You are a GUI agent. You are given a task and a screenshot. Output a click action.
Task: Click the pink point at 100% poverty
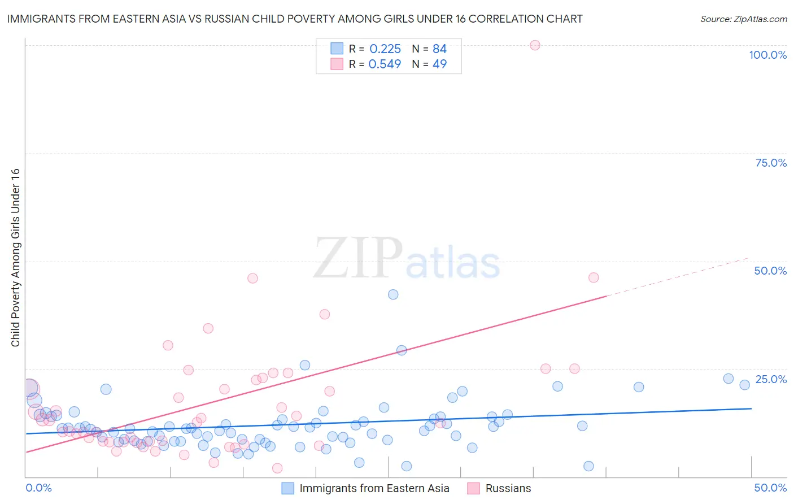(535, 45)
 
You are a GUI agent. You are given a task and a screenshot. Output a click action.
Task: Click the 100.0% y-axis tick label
(767, 55)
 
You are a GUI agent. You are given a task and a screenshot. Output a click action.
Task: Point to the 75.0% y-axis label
(771, 163)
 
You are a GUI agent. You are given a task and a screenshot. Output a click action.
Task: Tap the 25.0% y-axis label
(771, 379)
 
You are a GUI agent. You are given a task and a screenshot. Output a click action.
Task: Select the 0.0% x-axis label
(38, 488)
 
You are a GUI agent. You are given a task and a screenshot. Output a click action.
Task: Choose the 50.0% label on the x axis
(770, 488)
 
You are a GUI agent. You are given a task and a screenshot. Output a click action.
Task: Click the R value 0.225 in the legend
(385, 49)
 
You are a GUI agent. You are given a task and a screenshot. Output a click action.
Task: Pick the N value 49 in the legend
(439, 64)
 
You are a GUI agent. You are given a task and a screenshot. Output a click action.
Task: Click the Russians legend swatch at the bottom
(473, 488)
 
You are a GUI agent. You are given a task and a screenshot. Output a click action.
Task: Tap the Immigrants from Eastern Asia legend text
(374, 488)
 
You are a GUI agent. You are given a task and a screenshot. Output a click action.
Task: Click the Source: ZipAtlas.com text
(743, 19)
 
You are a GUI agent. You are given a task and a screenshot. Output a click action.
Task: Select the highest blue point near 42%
(393, 294)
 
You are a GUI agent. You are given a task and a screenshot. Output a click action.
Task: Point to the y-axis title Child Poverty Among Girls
(15, 258)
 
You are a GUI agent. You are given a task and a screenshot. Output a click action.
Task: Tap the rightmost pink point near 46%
(593, 277)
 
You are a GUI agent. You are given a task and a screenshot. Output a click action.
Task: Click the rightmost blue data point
(744, 385)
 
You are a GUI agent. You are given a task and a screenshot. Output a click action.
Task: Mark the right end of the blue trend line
(751, 408)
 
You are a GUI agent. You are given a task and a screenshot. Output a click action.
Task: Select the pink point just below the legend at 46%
(252, 278)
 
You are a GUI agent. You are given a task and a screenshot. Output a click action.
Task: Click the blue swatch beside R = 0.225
(337, 49)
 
